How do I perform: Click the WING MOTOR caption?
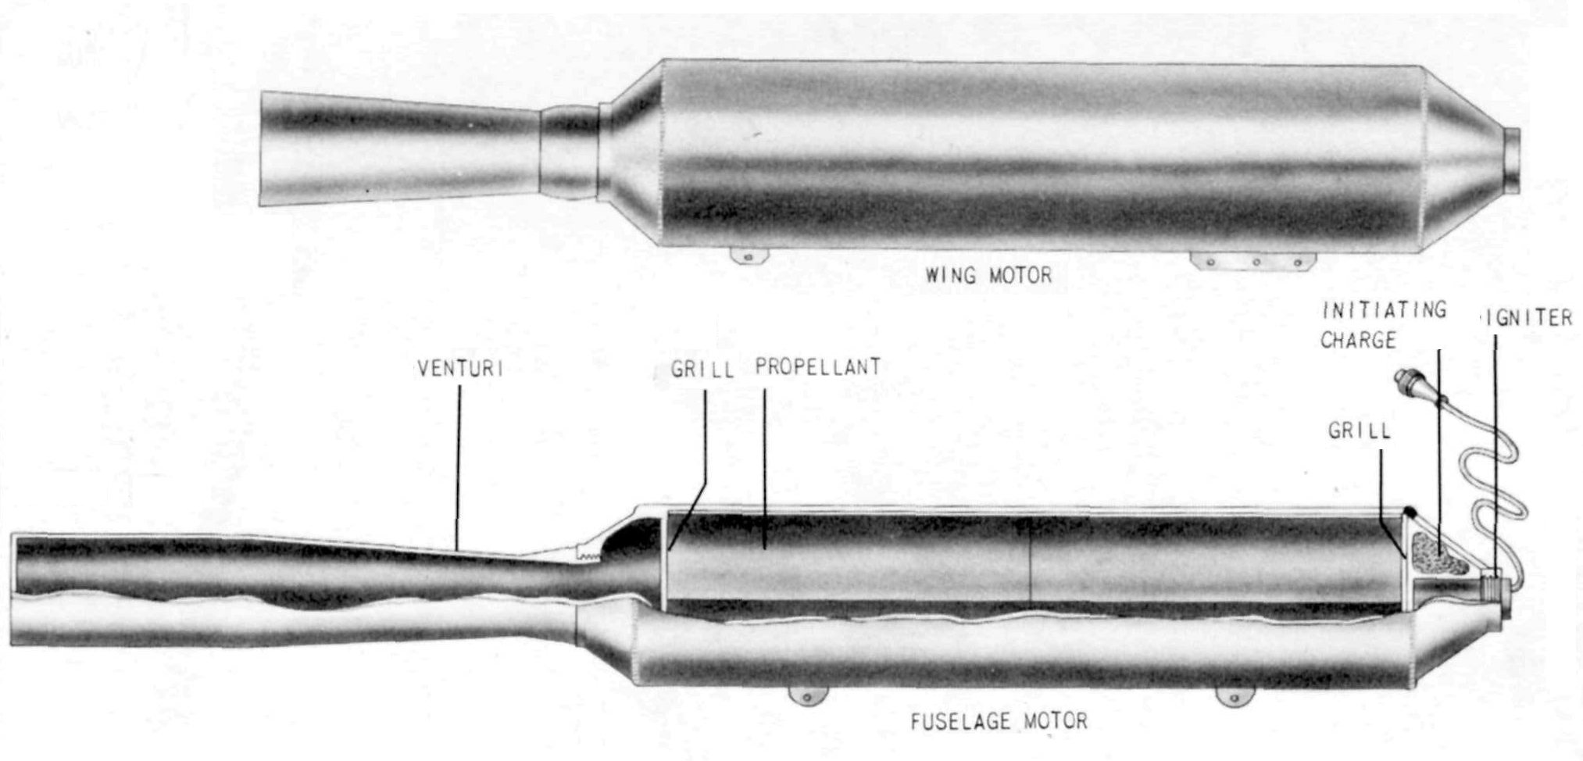(x=988, y=275)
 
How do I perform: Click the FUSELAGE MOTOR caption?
(x=999, y=720)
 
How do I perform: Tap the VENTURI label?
(x=460, y=369)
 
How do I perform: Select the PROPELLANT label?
(x=818, y=367)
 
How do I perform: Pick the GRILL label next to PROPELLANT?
(x=702, y=370)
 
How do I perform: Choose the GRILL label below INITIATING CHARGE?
(x=1360, y=431)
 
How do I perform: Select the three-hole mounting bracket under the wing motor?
(x=1252, y=261)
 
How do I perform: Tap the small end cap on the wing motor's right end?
(x=1512, y=160)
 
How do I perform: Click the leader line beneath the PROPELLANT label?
(x=764, y=467)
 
